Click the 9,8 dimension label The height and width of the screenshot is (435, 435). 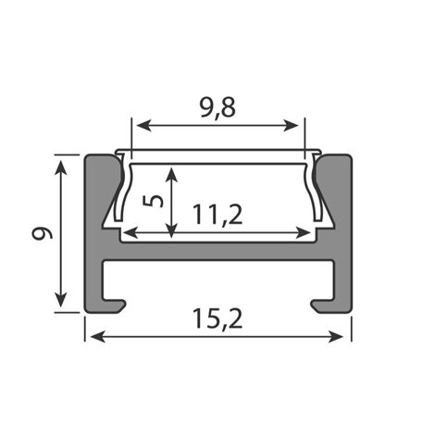tap(218, 108)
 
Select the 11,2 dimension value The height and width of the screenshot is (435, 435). tap(217, 215)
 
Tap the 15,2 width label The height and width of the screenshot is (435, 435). tap(217, 318)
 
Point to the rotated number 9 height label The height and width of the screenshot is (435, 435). tap(43, 233)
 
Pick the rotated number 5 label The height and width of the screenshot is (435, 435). tap(154, 201)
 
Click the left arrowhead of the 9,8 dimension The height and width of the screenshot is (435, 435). tap(143, 126)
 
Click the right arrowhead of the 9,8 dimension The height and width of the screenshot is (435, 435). tap(291, 126)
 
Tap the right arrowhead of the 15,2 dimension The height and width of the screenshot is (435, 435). tap(336, 336)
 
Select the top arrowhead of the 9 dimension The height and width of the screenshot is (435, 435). tap(61, 167)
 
